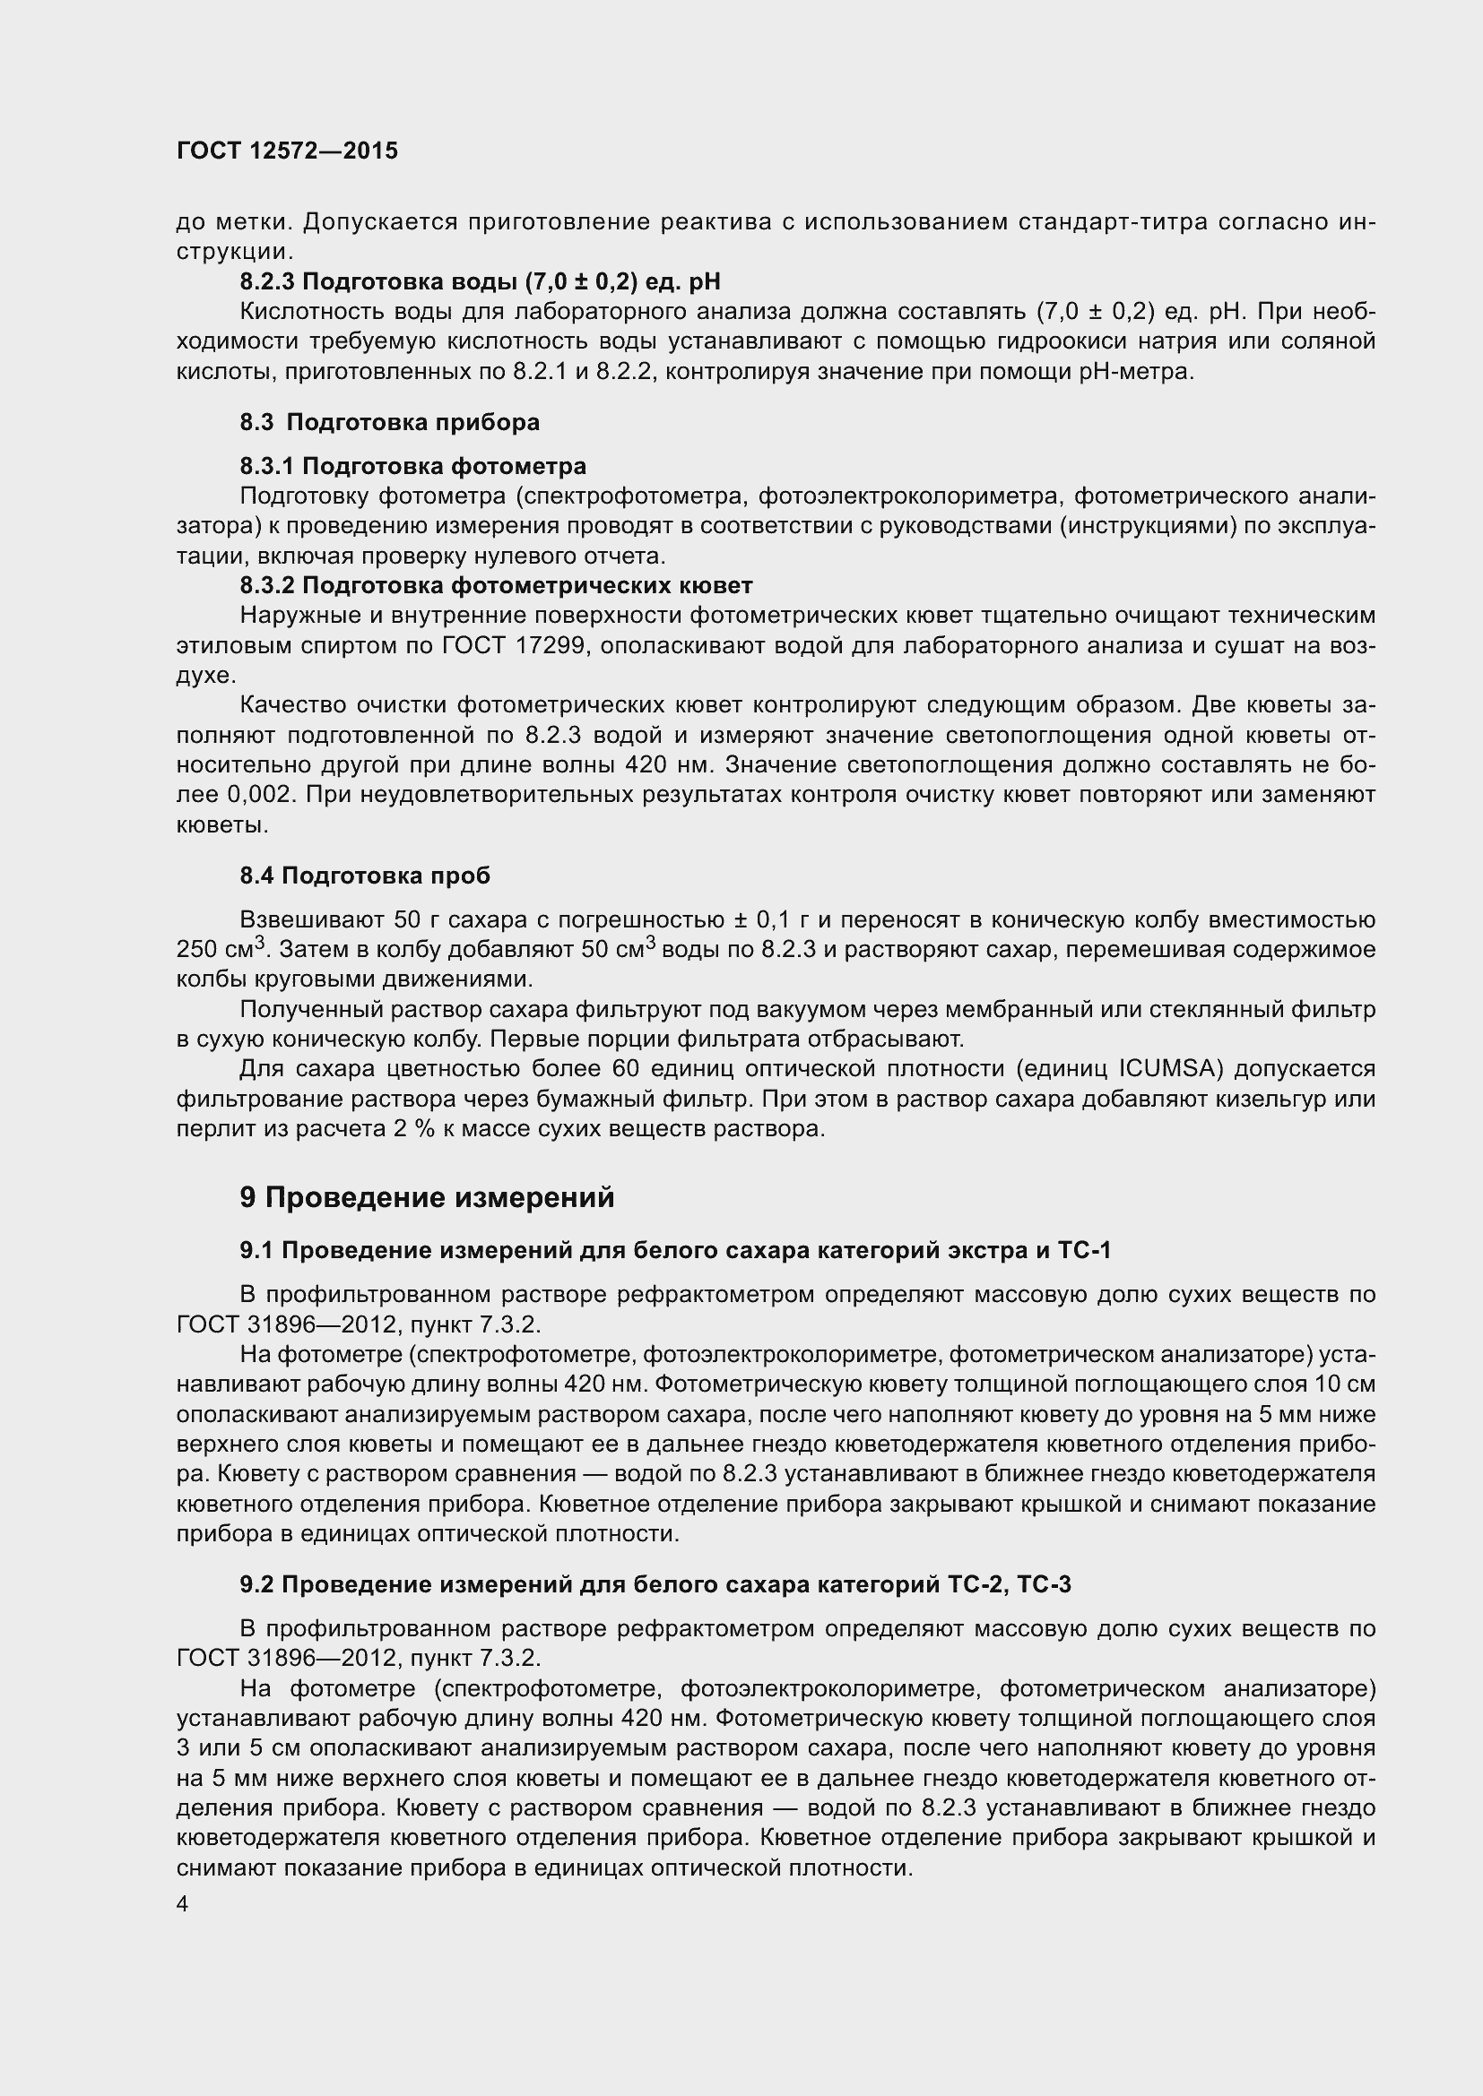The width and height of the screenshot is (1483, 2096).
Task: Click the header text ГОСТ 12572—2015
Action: click(287, 151)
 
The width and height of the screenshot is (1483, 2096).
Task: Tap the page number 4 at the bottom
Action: click(183, 1904)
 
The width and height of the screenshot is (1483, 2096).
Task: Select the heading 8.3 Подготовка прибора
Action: click(390, 422)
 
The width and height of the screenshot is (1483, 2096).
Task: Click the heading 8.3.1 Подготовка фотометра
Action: click(412, 467)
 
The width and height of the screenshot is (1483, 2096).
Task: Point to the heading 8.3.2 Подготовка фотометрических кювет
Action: click(496, 585)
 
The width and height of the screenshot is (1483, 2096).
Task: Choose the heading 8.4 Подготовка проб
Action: click(365, 875)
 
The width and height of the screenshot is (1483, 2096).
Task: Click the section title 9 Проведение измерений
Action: click(427, 1198)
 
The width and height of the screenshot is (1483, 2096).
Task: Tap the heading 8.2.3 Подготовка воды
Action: click(480, 281)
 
